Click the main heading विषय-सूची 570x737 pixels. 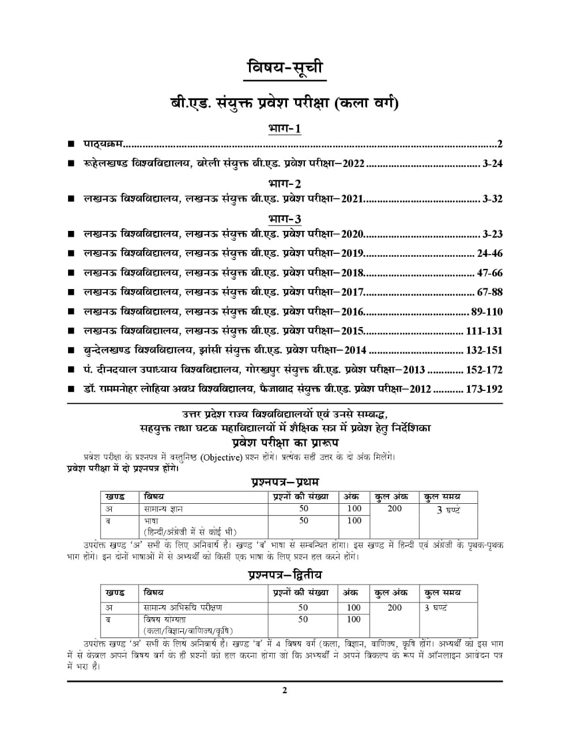(x=285, y=68)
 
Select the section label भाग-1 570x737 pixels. (x=285, y=128)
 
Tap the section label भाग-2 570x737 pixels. (x=285, y=184)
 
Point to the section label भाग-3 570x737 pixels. (x=285, y=219)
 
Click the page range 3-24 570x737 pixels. (x=493, y=164)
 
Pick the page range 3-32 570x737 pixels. (x=493, y=199)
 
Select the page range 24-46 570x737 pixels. (x=490, y=253)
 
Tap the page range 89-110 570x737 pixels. (x=486, y=312)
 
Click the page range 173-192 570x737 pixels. (x=484, y=389)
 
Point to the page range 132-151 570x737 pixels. (x=484, y=350)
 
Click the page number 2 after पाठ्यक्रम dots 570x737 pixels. (x=500, y=144)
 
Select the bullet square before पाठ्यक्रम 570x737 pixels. (x=70, y=144)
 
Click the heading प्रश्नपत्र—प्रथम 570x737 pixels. (x=285, y=481)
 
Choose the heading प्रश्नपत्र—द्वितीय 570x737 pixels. (x=285, y=575)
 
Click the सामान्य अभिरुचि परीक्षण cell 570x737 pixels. (x=183, y=607)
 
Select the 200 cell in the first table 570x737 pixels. (x=394, y=508)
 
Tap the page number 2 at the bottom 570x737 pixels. (x=285, y=691)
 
